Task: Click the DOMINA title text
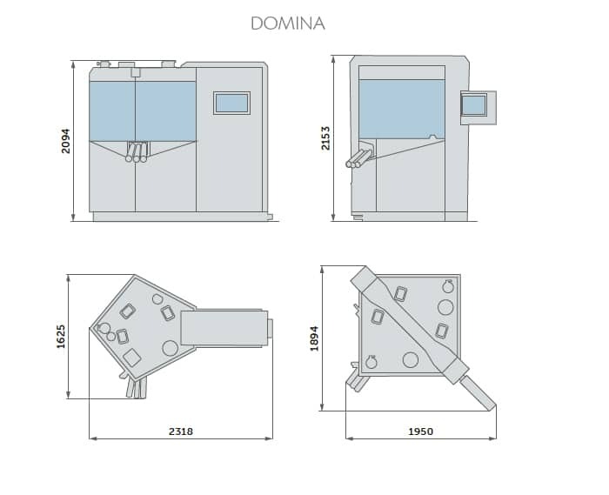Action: pos(288,23)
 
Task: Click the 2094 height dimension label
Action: pos(66,141)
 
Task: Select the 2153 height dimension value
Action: pos(325,137)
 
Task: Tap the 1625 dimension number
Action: pos(61,336)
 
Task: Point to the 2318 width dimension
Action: pos(181,431)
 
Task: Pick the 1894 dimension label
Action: pos(314,338)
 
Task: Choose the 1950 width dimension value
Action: pos(420,431)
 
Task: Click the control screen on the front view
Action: pos(231,103)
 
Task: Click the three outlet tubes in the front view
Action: pos(137,152)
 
